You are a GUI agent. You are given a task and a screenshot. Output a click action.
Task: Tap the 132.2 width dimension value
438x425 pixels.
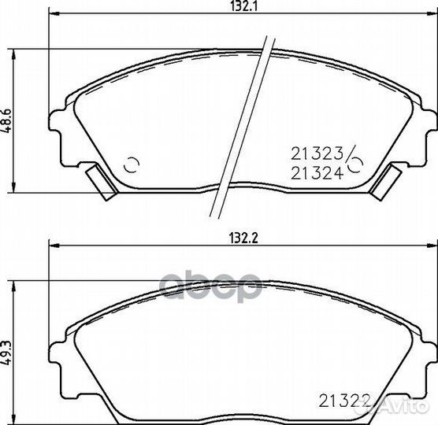[x=243, y=238]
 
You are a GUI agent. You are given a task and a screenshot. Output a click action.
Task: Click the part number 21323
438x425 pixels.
[x=317, y=153]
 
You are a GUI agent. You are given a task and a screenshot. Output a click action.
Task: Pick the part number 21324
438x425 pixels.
[x=317, y=173]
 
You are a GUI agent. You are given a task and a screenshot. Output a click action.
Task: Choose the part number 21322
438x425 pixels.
[x=344, y=401]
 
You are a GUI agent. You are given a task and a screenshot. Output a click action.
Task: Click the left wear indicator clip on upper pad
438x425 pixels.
[x=102, y=183]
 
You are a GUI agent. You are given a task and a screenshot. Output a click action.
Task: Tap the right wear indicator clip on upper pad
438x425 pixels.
[x=385, y=183]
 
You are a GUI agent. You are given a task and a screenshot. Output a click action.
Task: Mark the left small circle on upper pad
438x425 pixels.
[x=132, y=164]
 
